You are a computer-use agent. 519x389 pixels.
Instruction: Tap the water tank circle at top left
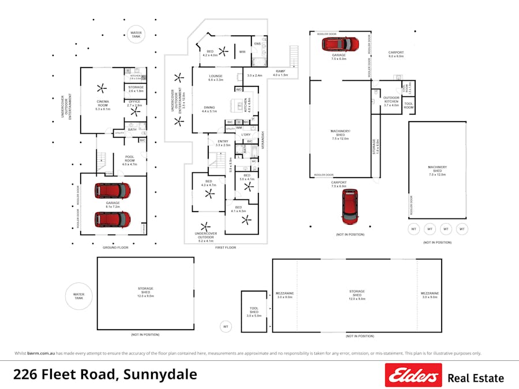(x=136, y=35)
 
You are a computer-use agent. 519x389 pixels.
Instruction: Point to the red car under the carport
(x=349, y=206)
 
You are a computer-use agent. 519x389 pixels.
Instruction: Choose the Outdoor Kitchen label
(x=391, y=101)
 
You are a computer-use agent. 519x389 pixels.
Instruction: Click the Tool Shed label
(x=254, y=312)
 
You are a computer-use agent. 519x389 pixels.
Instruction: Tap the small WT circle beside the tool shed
(x=226, y=327)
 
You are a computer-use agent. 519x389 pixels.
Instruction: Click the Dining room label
(x=209, y=109)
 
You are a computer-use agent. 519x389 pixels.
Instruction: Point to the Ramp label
(x=280, y=73)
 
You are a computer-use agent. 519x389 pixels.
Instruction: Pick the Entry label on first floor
(x=223, y=143)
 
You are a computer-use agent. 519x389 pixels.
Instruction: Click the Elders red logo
(x=413, y=375)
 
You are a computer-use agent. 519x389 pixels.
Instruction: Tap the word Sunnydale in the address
(x=161, y=374)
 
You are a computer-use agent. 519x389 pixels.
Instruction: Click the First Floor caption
(x=226, y=247)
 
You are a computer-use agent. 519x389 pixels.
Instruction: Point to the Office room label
(x=134, y=103)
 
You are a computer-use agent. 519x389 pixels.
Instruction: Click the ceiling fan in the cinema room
(x=101, y=89)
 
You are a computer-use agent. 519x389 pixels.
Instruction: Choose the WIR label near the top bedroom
(x=243, y=52)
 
